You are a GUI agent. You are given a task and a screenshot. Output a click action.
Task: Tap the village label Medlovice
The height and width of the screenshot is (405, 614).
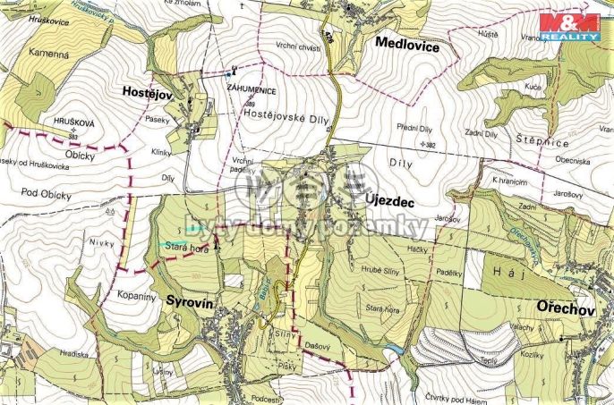pyautogui.click(x=407, y=44)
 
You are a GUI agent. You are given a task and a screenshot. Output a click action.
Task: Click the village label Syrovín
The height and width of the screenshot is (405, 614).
pyautogui.click(x=190, y=304)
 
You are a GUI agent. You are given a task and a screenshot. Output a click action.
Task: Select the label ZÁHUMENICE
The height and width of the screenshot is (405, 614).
pyautogui.click(x=250, y=91)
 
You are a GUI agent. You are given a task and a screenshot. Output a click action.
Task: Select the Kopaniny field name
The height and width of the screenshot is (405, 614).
pyautogui.click(x=136, y=293)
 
